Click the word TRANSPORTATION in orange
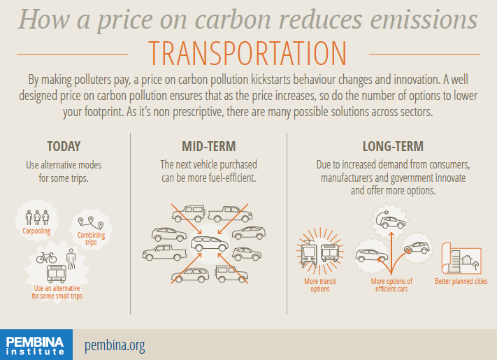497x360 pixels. click(x=247, y=53)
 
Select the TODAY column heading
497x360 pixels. click(x=64, y=146)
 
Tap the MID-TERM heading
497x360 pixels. click(x=208, y=146)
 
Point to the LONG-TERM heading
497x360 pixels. click(x=393, y=146)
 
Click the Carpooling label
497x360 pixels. click(x=36, y=231)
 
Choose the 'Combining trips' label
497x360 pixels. click(x=91, y=238)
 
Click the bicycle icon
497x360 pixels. click(x=46, y=258)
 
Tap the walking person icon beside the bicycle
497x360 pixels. click(x=71, y=259)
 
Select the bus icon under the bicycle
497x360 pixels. click(x=57, y=274)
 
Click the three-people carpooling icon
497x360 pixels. click(x=38, y=217)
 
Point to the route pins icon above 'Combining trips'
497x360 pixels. click(x=91, y=223)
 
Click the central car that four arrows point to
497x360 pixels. click(x=209, y=243)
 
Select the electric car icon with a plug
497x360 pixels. click(x=390, y=219)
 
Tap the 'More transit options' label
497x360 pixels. click(x=320, y=285)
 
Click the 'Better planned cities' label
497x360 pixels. click(x=461, y=281)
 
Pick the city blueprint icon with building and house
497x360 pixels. click(x=461, y=259)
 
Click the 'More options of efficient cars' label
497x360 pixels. click(x=391, y=285)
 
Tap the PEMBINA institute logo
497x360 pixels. click(x=36, y=345)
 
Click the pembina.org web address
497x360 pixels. click(x=115, y=345)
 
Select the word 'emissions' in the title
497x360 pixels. click(x=424, y=20)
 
